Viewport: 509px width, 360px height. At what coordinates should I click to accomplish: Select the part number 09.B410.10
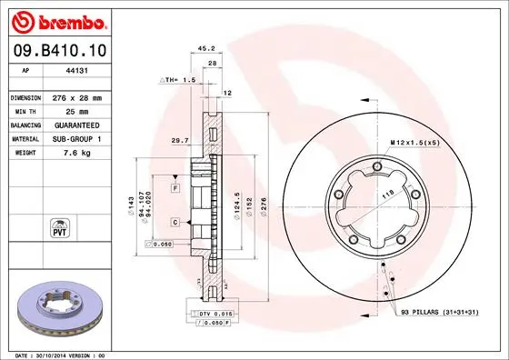[x=61, y=51]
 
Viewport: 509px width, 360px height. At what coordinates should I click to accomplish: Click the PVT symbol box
[x=60, y=226]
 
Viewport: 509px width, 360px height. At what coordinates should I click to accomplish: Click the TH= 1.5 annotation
[x=177, y=81]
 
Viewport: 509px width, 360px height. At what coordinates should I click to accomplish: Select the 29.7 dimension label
[x=180, y=141]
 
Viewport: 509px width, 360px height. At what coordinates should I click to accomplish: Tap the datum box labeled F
[x=175, y=187]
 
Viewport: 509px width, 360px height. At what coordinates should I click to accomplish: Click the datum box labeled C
[x=175, y=221]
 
